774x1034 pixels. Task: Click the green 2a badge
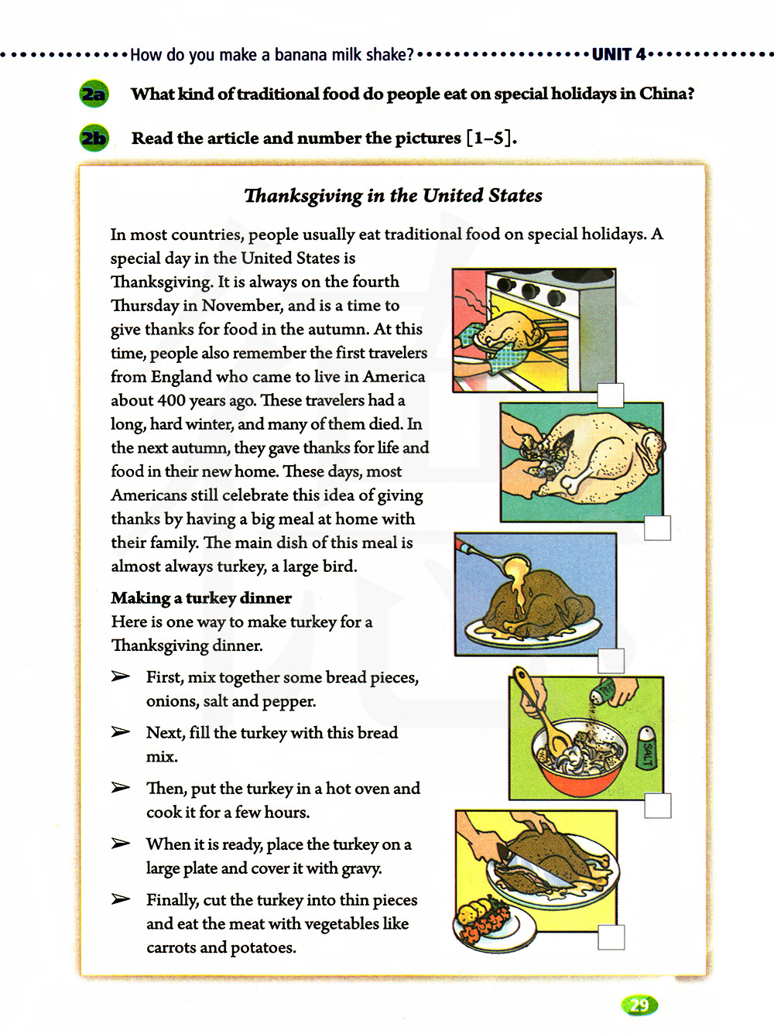pyautogui.click(x=94, y=94)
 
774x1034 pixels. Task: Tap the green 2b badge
pyautogui.click(x=94, y=139)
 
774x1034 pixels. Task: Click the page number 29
pyautogui.click(x=639, y=1005)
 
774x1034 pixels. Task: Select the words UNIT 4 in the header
pyautogui.click(x=618, y=54)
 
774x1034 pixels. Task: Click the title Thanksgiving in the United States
pyautogui.click(x=392, y=196)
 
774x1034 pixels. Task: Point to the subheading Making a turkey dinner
pyautogui.click(x=201, y=598)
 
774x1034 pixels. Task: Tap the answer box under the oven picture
pyautogui.click(x=611, y=395)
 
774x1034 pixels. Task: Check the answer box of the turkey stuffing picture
pyautogui.click(x=657, y=528)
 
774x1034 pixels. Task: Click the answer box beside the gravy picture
pyautogui.click(x=611, y=660)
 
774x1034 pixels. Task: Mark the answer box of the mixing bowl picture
pyautogui.click(x=657, y=806)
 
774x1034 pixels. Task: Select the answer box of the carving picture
pyautogui.click(x=611, y=937)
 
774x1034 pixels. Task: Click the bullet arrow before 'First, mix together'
pyautogui.click(x=120, y=677)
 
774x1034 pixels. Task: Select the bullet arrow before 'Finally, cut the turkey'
pyautogui.click(x=120, y=899)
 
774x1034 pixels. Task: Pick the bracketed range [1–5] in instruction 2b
pyautogui.click(x=491, y=139)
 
